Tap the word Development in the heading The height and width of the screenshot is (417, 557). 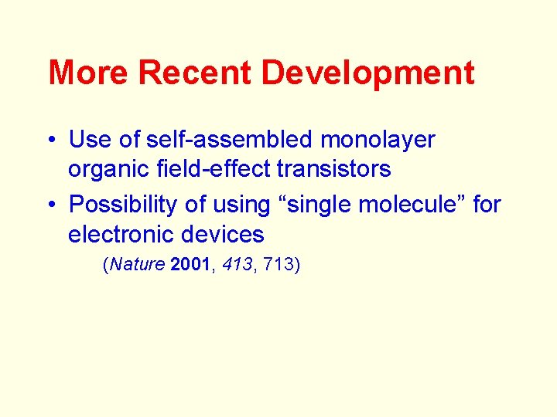pos(368,73)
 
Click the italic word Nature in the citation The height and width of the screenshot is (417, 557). pos(138,265)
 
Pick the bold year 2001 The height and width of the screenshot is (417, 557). pos(190,265)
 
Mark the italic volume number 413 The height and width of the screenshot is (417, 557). pos(237,265)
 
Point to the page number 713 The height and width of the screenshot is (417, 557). pos(278,265)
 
